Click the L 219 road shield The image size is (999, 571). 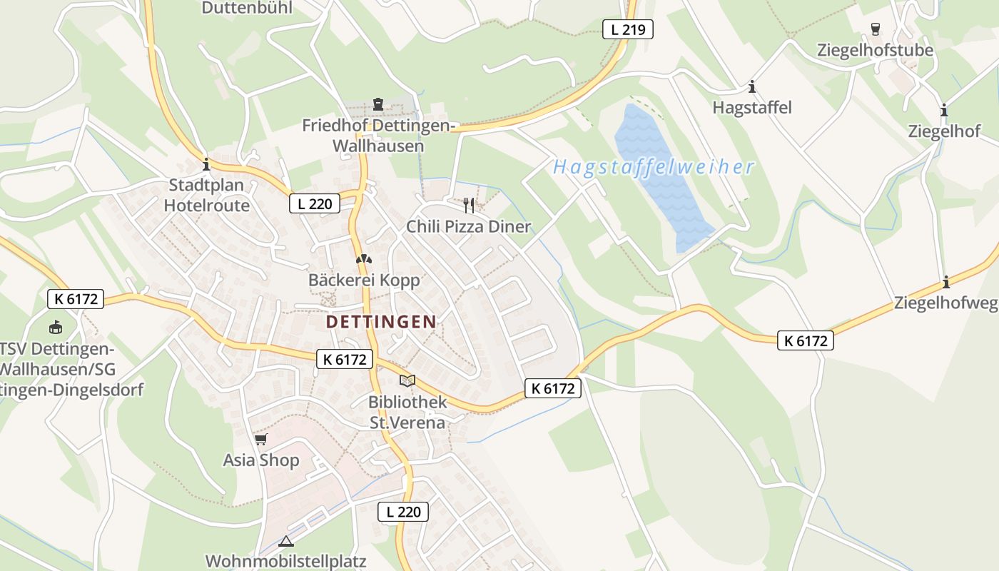(x=628, y=29)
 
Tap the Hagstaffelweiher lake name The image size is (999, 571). (x=653, y=168)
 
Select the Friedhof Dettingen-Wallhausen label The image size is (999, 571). (x=378, y=136)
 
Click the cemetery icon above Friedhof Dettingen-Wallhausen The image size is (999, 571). (x=377, y=105)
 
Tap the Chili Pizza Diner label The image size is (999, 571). (x=469, y=227)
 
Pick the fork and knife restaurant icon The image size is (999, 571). (x=469, y=206)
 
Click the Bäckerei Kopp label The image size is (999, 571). (x=364, y=281)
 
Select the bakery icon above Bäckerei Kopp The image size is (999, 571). (x=364, y=259)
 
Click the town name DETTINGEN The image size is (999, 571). (x=381, y=322)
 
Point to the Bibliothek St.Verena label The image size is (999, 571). (x=407, y=412)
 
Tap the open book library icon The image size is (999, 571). (x=407, y=380)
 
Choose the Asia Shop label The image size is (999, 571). (x=261, y=460)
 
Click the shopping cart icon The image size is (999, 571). (x=261, y=439)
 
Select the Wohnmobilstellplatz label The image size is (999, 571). (x=285, y=560)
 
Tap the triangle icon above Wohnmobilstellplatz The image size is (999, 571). (x=285, y=541)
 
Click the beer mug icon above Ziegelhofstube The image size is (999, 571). (x=875, y=29)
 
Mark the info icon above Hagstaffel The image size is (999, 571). (x=752, y=87)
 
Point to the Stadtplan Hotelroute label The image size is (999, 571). (x=206, y=196)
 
